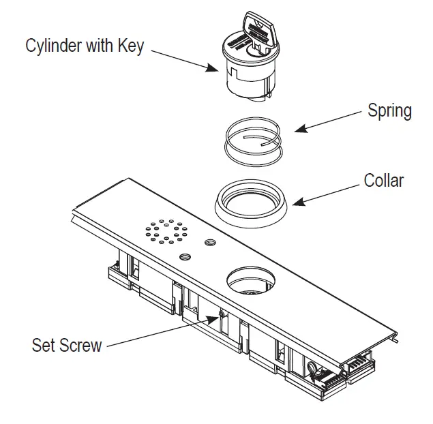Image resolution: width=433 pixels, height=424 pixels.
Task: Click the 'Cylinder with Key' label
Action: pyautogui.click(x=85, y=46)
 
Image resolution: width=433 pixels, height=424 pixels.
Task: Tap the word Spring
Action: pyautogui.click(x=389, y=110)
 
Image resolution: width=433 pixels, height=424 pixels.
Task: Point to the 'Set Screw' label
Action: pyautogui.click(x=67, y=344)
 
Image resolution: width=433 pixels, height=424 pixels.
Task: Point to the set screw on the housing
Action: pyautogui.click(x=221, y=316)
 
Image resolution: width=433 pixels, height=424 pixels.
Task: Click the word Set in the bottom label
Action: pyautogui.click(x=42, y=344)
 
